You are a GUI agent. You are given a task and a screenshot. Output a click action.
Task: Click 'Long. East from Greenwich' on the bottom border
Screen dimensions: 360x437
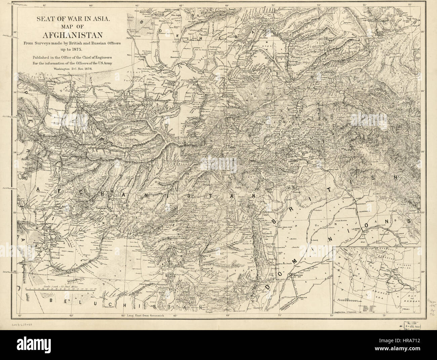pos(147,316)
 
